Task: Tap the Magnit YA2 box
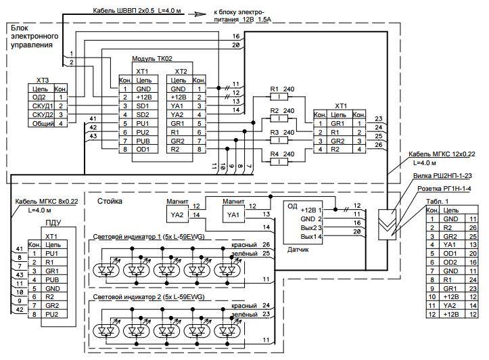click(177, 215)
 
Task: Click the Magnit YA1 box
click(233, 215)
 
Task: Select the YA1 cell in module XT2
click(179, 106)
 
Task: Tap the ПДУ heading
click(55, 223)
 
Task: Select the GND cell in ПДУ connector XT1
click(55, 286)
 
